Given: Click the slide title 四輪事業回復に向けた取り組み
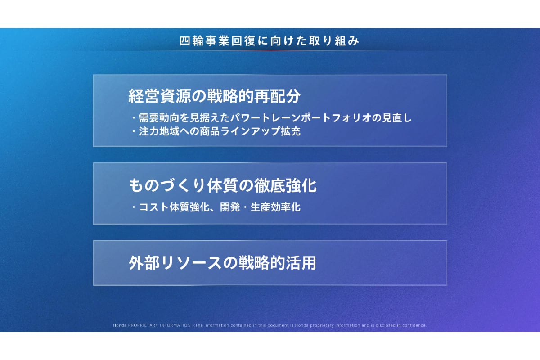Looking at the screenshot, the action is click(269, 41).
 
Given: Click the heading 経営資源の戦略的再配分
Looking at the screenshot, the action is click(215, 96).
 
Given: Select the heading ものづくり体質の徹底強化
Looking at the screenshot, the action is click(223, 185).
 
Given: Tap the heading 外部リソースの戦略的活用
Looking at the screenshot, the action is click(222, 263).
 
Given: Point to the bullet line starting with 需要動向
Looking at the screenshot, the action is click(272, 118).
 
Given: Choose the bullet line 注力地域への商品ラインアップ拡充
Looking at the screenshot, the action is click(216, 131).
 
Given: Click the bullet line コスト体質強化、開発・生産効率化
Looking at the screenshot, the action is click(216, 207).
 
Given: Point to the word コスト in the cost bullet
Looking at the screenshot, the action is click(154, 207).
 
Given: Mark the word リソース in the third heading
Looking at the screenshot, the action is click(191, 263).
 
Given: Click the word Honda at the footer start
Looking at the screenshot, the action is click(120, 325).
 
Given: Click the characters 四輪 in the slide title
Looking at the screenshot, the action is click(192, 41).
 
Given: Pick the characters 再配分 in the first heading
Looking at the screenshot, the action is click(278, 96).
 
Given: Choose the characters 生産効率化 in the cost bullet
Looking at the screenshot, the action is click(275, 207).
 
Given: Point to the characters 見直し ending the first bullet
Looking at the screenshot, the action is click(397, 118).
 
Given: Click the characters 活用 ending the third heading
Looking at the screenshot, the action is click(301, 263).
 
